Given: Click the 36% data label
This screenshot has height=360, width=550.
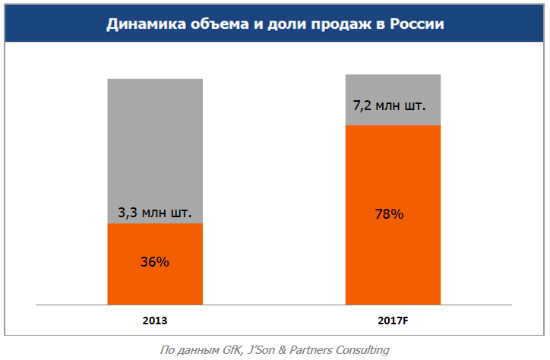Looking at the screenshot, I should pyautogui.click(x=154, y=262).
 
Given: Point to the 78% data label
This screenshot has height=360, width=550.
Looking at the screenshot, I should pyautogui.click(x=389, y=214).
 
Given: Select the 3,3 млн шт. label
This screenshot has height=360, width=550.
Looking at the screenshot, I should pyautogui.click(x=154, y=212).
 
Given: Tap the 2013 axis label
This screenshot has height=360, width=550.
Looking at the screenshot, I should pyautogui.click(x=154, y=320).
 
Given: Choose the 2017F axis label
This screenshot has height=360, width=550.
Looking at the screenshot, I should pyautogui.click(x=393, y=320).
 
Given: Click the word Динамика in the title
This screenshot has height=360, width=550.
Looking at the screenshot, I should pyautogui.click(x=142, y=24).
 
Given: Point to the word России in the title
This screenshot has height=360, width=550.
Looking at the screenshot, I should pyautogui.click(x=417, y=24).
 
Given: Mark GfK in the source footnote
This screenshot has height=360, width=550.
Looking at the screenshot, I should pyautogui.click(x=232, y=350).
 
